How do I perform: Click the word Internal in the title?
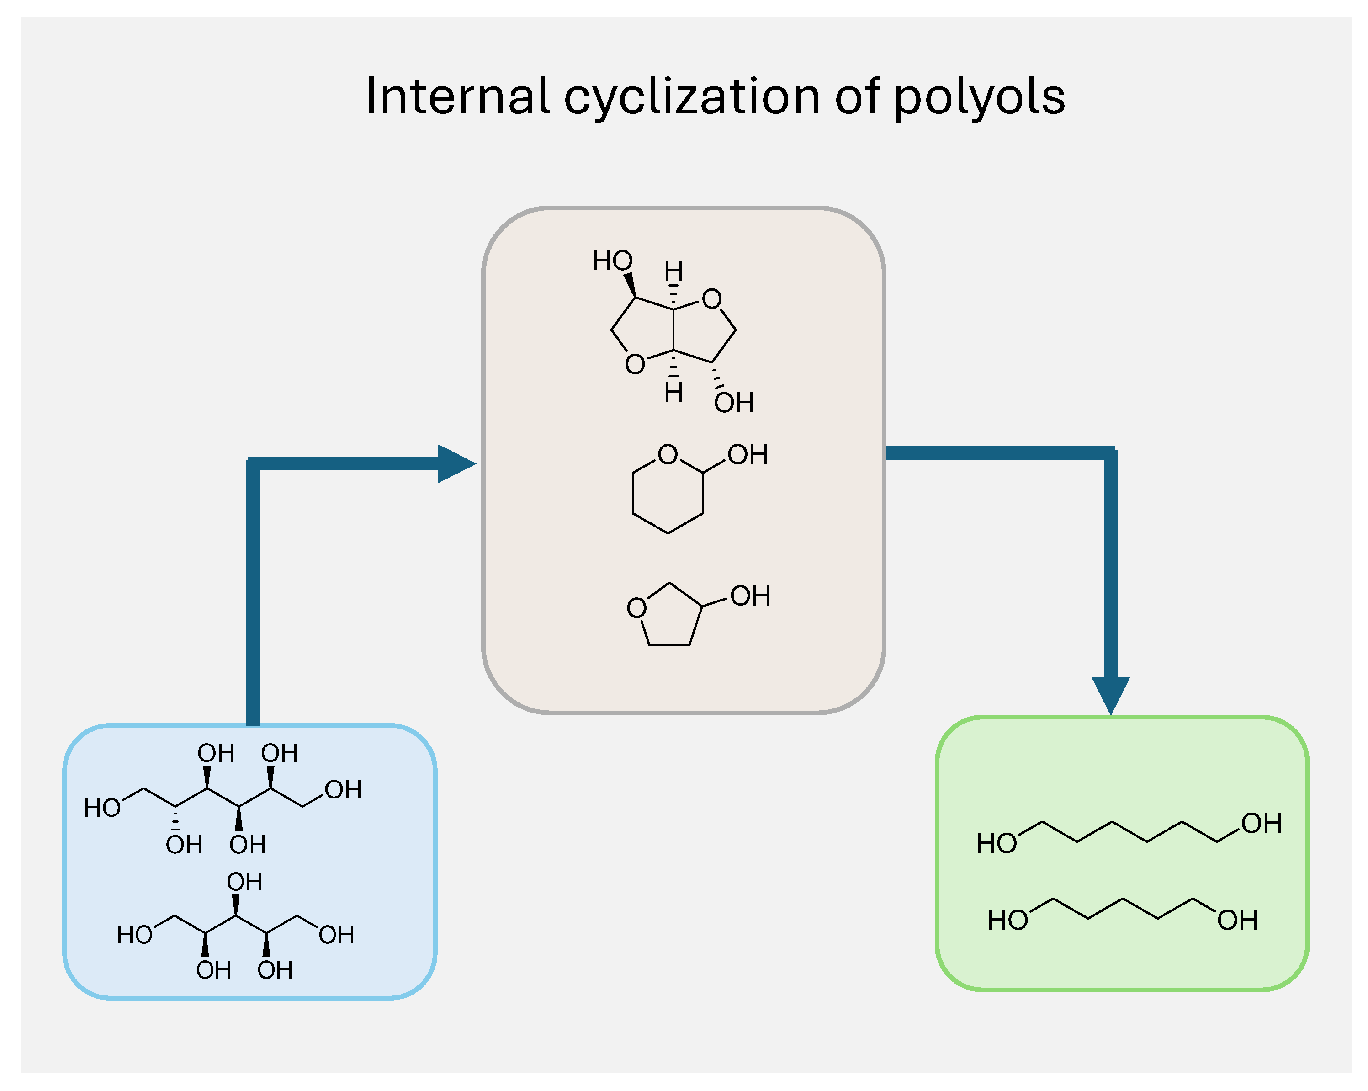pyautogui.click(x=457, y=96)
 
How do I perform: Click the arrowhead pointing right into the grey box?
pyautogui.click(x=456, y=464)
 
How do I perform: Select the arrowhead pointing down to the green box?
pyautogui.click(x=1110, y=695)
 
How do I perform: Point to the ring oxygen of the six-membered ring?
pyautogui.click(x=668, y=454)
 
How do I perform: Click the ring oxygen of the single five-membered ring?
pyautogui.click(x=636, y=608)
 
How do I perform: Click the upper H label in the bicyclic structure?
pyautogui.click(x=673, y=271)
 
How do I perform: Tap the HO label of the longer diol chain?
pyautogui.click(x=996, y=843)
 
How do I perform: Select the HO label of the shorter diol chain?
pyautogui.click(x=1007, y=920)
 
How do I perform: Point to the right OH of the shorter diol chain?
pyautogui.click(x=1237, y=920)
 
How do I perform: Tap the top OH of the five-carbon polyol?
pyautogui.click(x=244, y=882)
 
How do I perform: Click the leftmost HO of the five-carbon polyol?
pyautogui.click(x=134, y=935)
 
